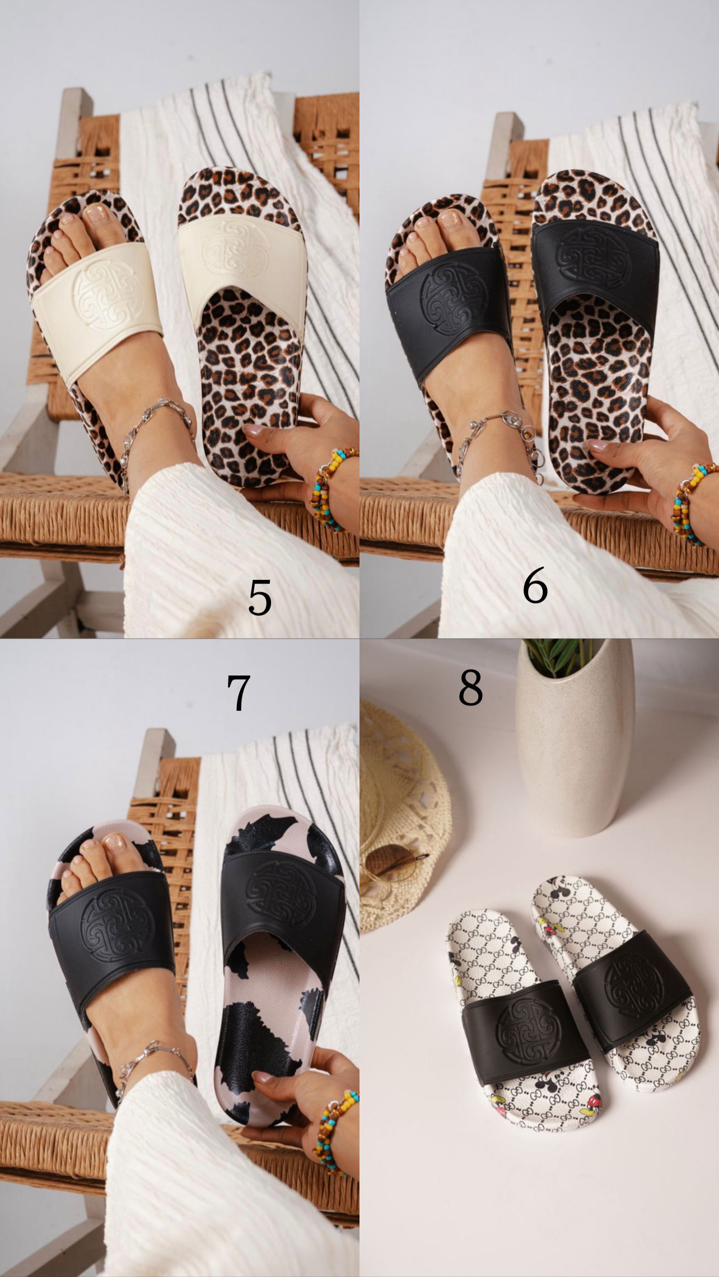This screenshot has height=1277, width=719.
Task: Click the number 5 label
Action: pos(260,598)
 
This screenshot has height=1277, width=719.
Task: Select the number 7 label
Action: pos(239,692)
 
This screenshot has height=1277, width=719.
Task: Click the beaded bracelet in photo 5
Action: pos(334,487)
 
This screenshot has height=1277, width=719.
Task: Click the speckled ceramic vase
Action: pos(575,744)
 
